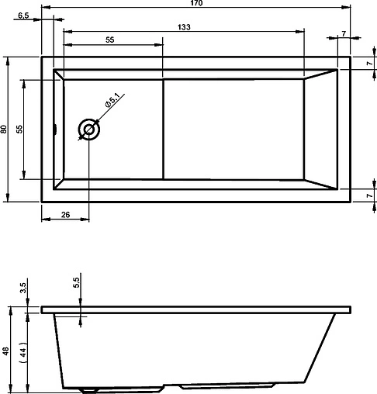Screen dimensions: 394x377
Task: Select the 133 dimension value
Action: click(x=184, y=26)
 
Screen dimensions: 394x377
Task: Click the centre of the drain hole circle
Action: click(x=89, y=130)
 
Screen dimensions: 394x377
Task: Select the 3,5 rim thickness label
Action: click(x=23, y=289)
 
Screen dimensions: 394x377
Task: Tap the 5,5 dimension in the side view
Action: click(x=75, y=284)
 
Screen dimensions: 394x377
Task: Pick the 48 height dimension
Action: click(x=6, y=351)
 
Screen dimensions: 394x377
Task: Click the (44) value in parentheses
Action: click(x=23, y=351)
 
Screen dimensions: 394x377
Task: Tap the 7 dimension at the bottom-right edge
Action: click(x=368, y=196)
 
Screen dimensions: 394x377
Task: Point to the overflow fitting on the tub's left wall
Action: click(x=54, y=130)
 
